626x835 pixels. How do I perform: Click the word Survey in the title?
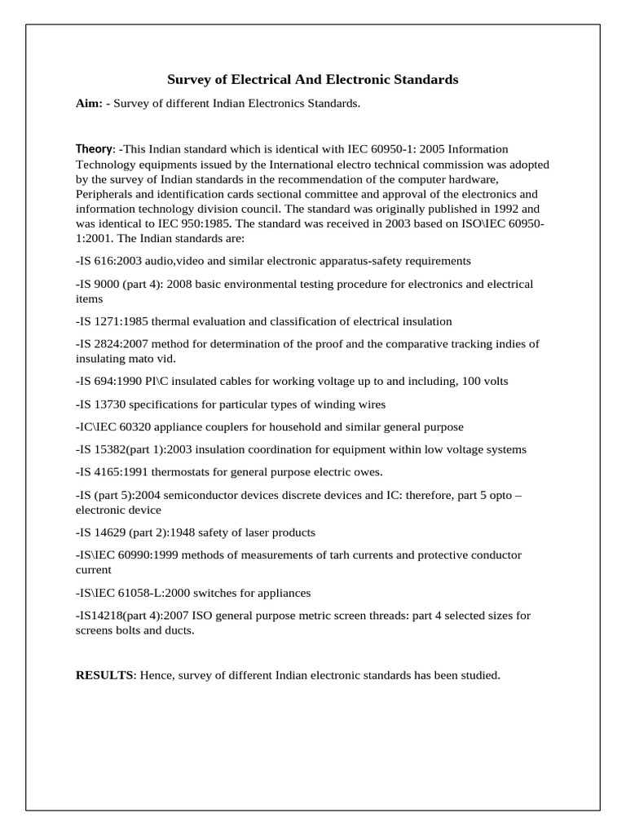188,80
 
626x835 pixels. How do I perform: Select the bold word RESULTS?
105,676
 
